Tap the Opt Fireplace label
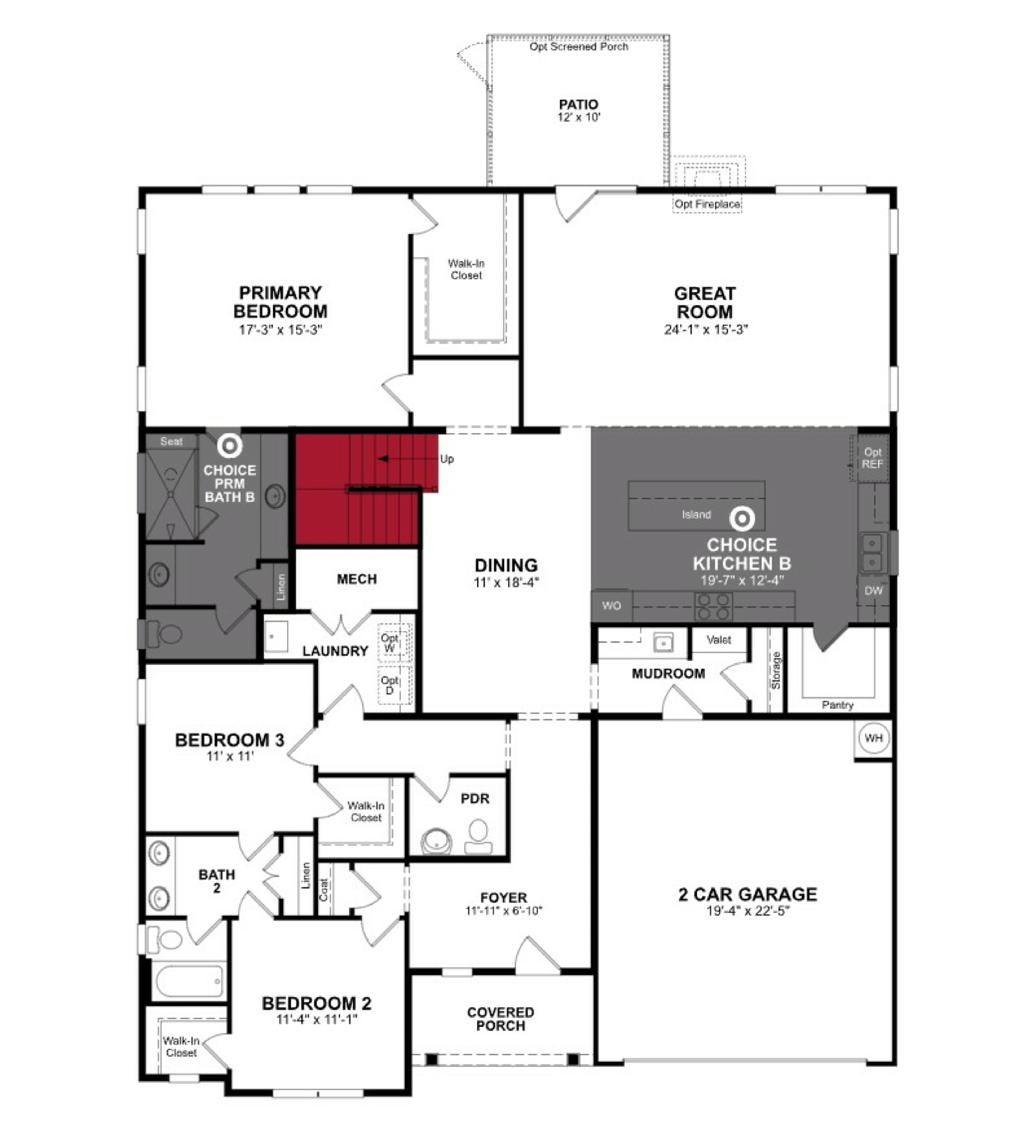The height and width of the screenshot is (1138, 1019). [x=707, y=204]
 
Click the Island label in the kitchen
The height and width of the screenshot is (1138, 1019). [x=696, y=515]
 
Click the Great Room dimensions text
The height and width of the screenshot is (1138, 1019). [x=705, y=329]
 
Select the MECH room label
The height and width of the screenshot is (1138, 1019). [x=357, y=579]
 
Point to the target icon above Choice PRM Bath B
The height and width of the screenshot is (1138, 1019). [x=230, y=446]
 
